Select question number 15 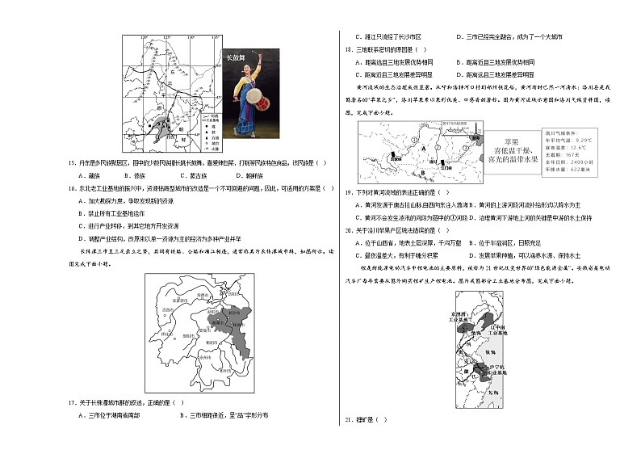click(x=71, y=163)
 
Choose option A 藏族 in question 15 click(x=89, y=174)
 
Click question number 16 click(x=71, y=187)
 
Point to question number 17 click(x=71, y=402)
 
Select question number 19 click(x=349, y=193)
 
